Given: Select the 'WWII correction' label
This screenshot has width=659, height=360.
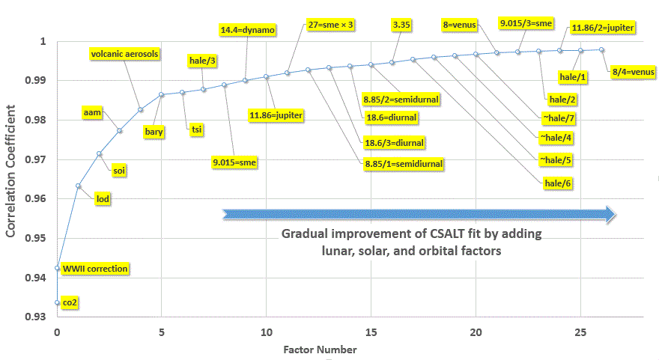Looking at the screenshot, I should [x=95, y=268].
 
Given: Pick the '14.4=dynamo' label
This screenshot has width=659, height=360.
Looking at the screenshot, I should [x=248, y=30].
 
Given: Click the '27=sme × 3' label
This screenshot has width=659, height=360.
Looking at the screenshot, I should [x=330, y=24].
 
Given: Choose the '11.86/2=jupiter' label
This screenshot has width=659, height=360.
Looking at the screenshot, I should [x=602, y=28].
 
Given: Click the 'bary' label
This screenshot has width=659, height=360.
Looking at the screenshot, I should [x=155, y=131].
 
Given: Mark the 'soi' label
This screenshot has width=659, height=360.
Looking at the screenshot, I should [x=119, y=171].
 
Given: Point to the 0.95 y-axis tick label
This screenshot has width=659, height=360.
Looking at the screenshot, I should [x=37, y=239].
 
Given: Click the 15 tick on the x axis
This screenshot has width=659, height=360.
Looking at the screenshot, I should [x=370, y=331].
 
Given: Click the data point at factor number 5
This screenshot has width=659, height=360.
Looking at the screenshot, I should [x=161, y=95].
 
